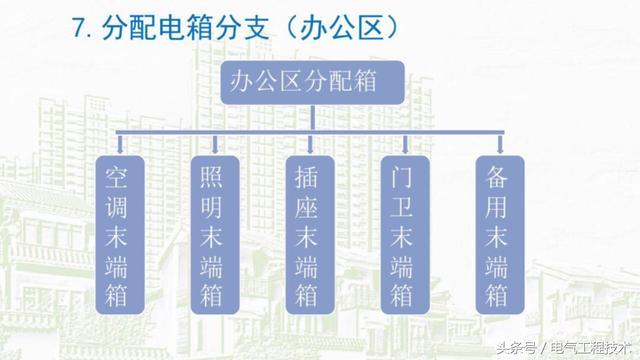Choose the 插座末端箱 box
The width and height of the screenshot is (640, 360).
[309, 231]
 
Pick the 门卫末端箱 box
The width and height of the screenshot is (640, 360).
[404, 231]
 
